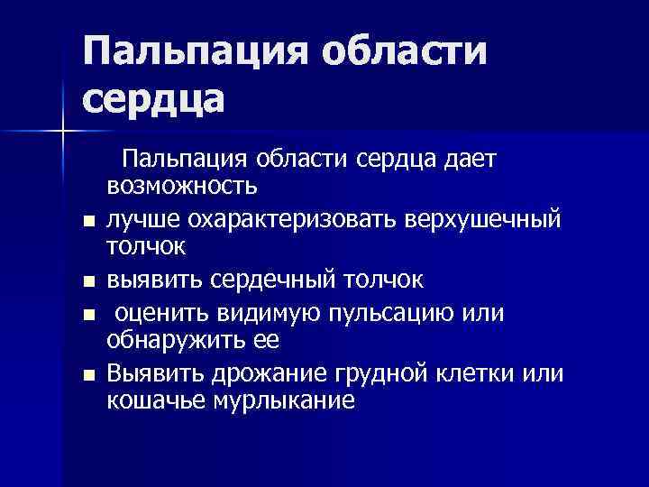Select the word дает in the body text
click(467, 159)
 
